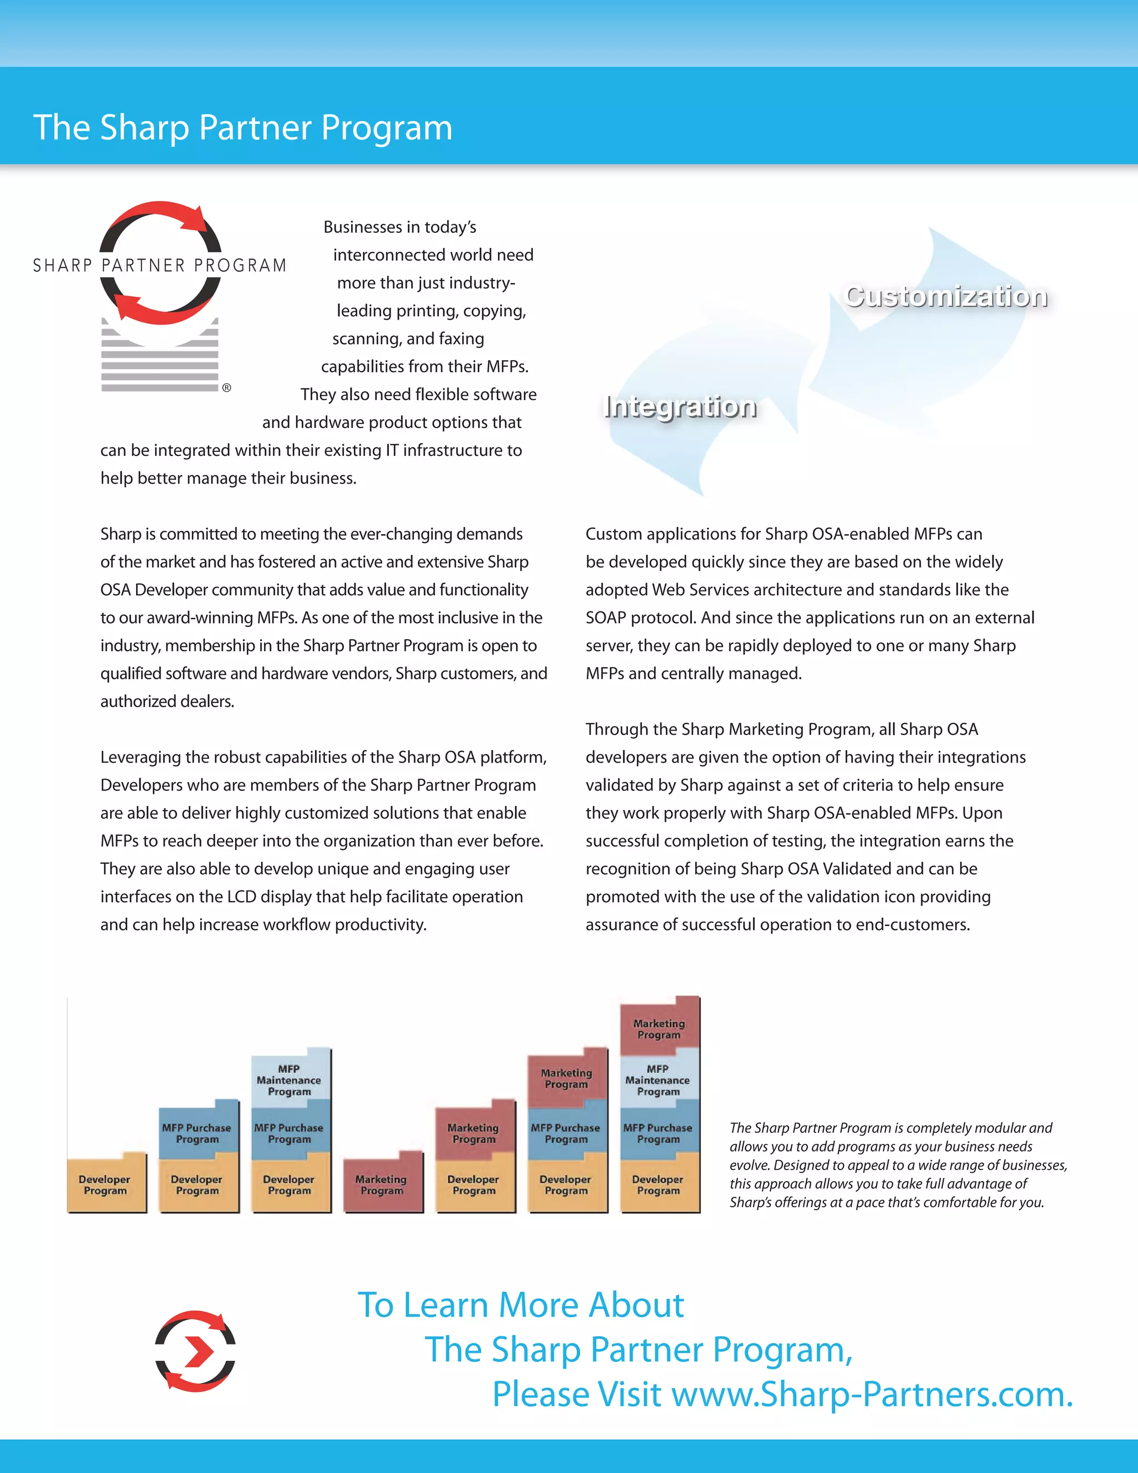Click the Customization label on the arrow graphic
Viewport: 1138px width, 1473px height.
pos(946,297)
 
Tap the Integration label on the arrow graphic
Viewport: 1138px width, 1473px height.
pos(680,407)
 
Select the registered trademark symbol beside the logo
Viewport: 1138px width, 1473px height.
pos(227,388)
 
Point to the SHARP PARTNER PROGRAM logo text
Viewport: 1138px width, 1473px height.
pos(160,265)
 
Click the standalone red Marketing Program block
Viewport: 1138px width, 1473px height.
pos(382,1185)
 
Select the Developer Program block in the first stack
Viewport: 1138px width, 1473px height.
pos(105,1185)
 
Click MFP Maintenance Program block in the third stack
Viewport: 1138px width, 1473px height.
pos(289,1079)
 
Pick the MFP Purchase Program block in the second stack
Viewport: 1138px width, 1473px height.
pos(197,1132)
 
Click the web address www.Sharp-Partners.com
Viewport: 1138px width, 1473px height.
pos(872,1395)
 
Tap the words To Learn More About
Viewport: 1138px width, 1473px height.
pos(521,1305)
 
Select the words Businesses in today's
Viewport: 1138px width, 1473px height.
pos(400,227)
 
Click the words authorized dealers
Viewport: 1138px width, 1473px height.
pos(167,701)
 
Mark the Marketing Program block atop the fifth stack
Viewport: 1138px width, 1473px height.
pos(473,1132)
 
